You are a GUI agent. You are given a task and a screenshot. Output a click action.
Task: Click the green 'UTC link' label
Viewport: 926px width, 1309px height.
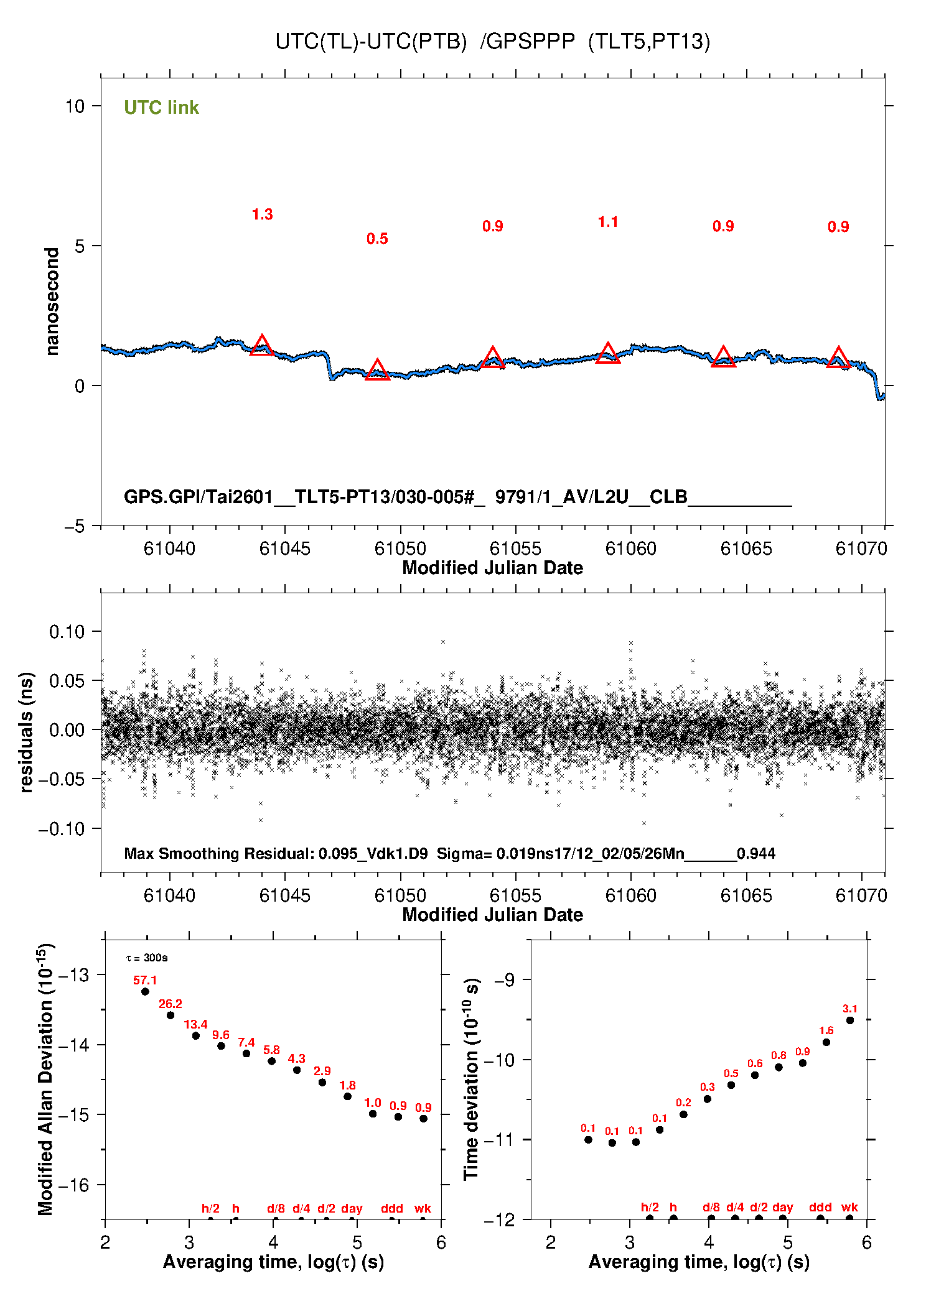click(x=161, y=108)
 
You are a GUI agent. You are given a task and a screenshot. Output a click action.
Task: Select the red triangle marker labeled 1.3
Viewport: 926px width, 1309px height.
click(x=262, y=346)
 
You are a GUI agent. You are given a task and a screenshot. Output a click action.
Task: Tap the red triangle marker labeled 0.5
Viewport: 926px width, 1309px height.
click(x=377, y=370)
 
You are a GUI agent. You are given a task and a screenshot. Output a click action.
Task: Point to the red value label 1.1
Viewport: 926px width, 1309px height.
click(x=608, y=222)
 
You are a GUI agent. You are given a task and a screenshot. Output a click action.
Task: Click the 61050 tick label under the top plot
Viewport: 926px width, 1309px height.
click(x=400, y=548)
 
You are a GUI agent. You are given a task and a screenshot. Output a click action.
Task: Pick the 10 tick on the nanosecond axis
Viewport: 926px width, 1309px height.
click(x=75, y=106)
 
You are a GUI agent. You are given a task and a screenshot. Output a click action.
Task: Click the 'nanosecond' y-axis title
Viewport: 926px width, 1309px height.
click(x=52, y=302)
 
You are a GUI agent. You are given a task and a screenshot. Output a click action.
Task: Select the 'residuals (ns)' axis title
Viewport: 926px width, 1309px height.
click(x=26, y=732)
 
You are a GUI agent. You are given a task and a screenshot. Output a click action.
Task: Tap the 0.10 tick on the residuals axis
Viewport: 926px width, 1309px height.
click(x=67, y=632)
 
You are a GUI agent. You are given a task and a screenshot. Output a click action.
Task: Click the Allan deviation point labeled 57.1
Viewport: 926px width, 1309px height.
click(x=145, y=991)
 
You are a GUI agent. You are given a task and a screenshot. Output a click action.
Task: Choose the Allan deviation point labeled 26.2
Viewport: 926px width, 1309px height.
click(x=171, y=1015)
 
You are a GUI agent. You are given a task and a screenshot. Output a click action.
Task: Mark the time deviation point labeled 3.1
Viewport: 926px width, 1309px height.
click(x=850, y=1020)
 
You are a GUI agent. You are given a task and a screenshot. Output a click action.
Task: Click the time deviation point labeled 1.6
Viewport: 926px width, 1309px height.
click(x=826, y=1042)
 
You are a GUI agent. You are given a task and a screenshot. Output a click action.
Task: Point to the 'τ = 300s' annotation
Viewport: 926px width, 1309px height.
click(x=147, y=958)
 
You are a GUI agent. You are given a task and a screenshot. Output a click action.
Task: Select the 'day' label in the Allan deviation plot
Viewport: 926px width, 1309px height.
click(x=352, y=1208)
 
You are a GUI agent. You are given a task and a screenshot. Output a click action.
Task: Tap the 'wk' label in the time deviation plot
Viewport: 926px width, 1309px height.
click(x=849, y=1207)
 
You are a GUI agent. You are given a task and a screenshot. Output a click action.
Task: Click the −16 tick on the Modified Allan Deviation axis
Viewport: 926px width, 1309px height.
click(x=73, y=1185)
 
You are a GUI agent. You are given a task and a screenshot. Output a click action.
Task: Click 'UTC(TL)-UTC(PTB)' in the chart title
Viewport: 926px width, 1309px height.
click(x=371, y=42)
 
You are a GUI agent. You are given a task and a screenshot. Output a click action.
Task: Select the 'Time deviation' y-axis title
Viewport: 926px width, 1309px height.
click(x=472, y=1080)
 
